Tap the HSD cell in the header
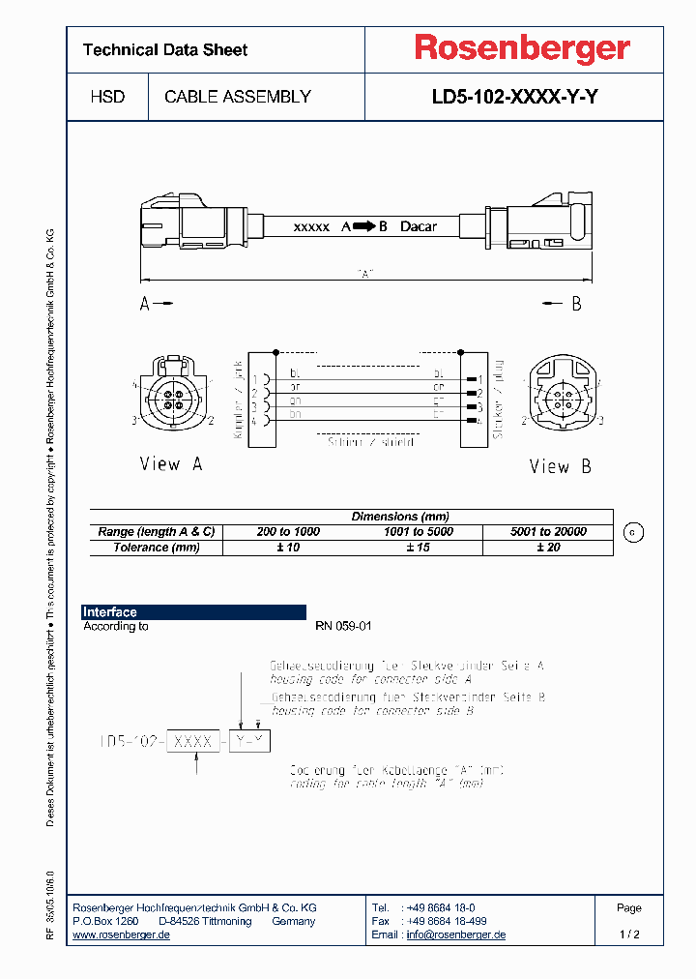click(107, 97)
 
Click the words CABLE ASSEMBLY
click(238, 97)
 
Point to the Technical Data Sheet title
click(165, 50)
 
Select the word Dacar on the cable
click(418, 226)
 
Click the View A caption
click(171, 464)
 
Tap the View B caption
click(560, 466)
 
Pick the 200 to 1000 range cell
click(288, 532)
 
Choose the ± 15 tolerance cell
click(418, 548)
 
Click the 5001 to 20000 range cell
click(547, 532)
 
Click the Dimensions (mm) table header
click(399, 517)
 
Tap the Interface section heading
click(110, 612)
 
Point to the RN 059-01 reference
click(343, 627)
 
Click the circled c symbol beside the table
click(634, 532)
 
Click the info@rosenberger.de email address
click(455, 935)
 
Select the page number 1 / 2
click(629, 935)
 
